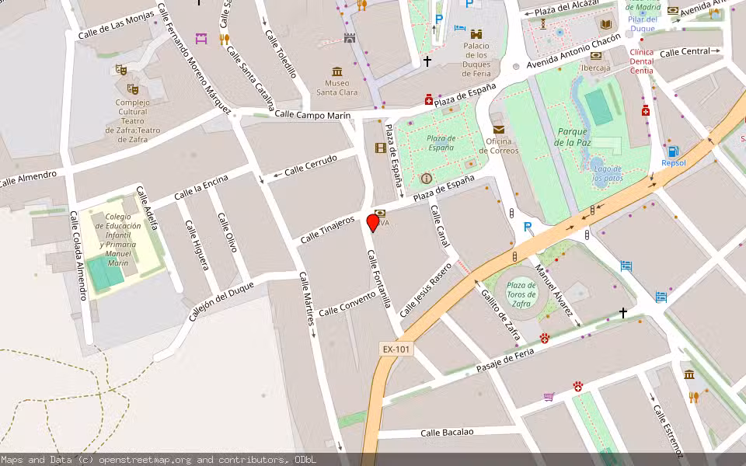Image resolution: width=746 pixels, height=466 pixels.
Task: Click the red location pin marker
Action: tap(373, 222)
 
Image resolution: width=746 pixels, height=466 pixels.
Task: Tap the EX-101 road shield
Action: tap(396, 349)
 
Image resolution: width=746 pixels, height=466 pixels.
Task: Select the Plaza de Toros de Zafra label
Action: tap(522, 294)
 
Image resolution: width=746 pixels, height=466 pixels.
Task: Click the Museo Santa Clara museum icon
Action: tap(337, 71)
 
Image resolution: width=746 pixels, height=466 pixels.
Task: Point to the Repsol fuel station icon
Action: tap(673, 151)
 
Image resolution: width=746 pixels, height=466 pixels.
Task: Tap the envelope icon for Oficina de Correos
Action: tap(498, 129)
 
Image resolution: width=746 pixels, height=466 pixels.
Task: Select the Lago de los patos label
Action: tap(607, 173)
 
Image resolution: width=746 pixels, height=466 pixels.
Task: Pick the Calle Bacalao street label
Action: tap(452, 433)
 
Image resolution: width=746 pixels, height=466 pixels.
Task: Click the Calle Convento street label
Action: tap(347, 304)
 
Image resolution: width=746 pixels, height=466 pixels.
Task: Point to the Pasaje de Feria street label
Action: tap(507, 362)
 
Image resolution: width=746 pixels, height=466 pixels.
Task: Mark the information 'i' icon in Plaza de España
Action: tap(426, 179)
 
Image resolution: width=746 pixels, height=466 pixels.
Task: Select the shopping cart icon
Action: tap(549, 397)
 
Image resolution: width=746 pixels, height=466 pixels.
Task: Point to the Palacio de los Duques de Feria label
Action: tap(476, 59)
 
